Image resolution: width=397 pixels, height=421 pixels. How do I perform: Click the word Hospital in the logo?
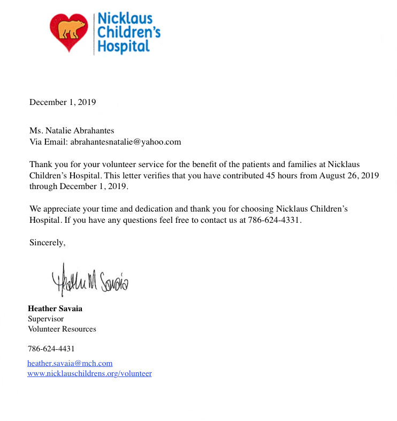click(123, 47)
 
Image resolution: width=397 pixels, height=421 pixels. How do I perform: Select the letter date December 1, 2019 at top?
click(63, 102)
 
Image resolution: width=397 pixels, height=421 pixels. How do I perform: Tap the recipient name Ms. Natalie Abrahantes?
click(72, 131)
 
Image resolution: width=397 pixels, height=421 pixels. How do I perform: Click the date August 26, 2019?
click(349, 175)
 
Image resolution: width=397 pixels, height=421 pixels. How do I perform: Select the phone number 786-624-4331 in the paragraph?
click(274, 220)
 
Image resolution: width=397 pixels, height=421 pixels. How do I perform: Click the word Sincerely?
click(47, 243)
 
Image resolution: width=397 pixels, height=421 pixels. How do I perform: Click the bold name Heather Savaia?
click(55, 309)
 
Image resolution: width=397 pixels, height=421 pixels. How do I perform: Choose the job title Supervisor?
click(45, 319)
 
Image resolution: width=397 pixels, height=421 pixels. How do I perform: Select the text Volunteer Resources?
click(62, 329)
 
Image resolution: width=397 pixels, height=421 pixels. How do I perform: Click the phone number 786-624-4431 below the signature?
click(51, 349)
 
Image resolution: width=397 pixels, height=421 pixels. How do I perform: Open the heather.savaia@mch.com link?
click(70, 363)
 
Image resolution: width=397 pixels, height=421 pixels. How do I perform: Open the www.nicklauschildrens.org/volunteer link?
click(89, 373)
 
